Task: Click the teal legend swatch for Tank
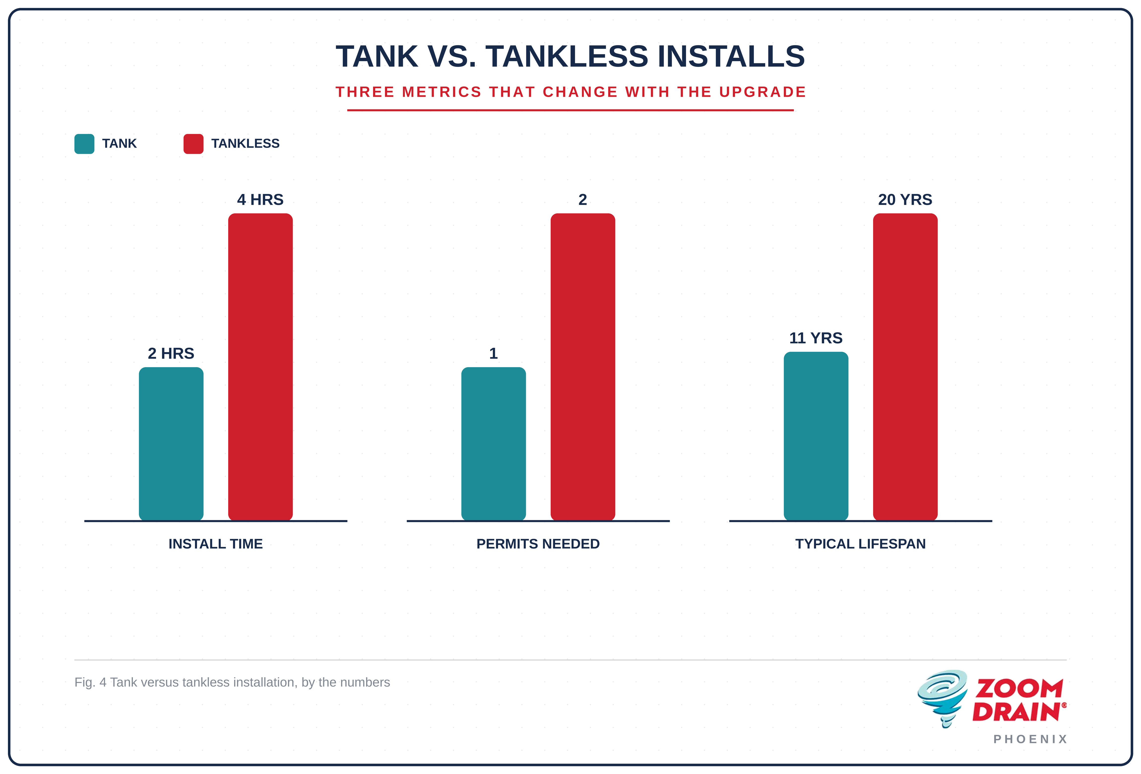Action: click(x=84, y=144)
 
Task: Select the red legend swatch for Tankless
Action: click(x=193, y=144)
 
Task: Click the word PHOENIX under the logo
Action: click(x=1031, y=739)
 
